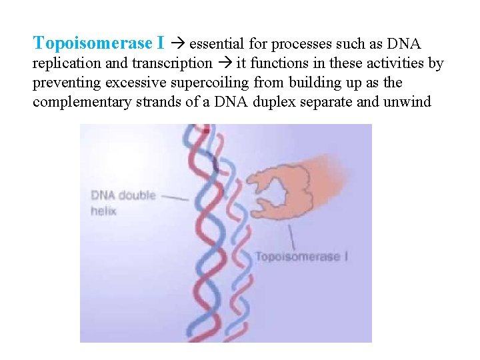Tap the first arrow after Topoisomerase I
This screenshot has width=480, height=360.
[178, 45]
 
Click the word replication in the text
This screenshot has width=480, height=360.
[62, 64]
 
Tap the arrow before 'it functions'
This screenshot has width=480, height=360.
[225, 64]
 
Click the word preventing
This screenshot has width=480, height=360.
[64, 83]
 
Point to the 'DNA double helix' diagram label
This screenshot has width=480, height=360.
[123, 203]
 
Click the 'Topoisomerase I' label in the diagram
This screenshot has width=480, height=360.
[301, 257]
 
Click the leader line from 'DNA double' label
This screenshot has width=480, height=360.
[175, 197]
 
